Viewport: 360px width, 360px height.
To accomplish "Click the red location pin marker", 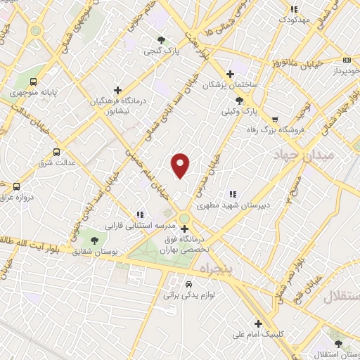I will click(181, 165).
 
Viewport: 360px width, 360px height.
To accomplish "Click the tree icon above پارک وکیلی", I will click(240, 100).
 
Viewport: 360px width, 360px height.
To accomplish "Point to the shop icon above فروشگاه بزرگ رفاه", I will click(274, 119).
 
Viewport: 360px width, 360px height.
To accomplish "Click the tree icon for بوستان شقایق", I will click(94, 240).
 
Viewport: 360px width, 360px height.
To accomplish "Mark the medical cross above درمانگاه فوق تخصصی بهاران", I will click(184, 229).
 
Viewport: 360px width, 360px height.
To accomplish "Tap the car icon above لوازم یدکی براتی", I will click(188, 284).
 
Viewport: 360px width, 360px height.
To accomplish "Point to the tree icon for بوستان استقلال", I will click(339, 344).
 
